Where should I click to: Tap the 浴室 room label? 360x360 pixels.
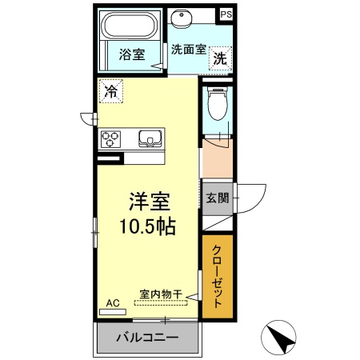point(132,55)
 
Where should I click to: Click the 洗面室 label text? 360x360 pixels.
point(189,49)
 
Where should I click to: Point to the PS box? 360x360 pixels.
point(226,14)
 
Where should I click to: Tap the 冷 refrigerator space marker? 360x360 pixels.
point(110,91)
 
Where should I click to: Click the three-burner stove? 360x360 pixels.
point(110,138)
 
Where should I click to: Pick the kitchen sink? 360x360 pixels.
point(149,138)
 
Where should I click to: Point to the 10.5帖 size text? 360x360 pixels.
point(148,226)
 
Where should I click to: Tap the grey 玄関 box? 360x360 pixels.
point(217,198)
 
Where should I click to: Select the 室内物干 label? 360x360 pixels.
point(161,293)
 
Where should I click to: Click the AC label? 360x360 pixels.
point(112,303)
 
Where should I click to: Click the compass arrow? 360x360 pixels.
point(282,339)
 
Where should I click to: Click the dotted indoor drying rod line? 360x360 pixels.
point(152,303)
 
